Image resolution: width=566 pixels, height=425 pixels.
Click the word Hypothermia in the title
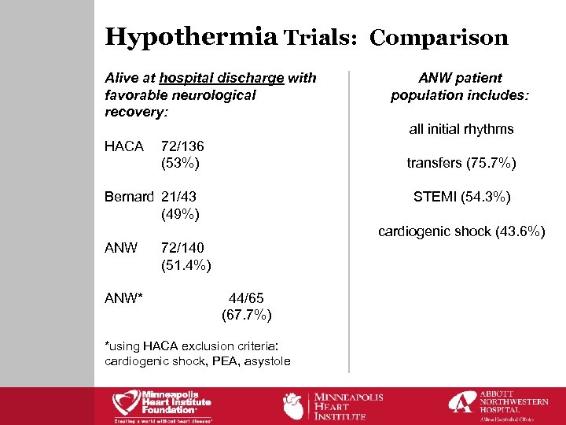(191, 36)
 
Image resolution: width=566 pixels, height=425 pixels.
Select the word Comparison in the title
(439, 38)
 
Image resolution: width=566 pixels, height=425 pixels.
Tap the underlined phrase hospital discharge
(221, 77)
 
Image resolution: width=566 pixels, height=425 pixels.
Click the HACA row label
(124, 146)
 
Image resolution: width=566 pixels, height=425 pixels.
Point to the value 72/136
(182, 146)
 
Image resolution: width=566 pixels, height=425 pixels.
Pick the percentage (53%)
(179, 164)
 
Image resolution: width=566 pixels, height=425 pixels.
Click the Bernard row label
(130, 196)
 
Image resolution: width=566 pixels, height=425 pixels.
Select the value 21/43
(178, 196)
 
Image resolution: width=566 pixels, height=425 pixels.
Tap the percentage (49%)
(179, 213)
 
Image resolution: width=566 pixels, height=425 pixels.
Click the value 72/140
(182, 248)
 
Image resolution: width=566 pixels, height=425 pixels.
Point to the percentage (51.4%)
(186, 265)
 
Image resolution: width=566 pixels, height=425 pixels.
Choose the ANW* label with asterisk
(125, 298)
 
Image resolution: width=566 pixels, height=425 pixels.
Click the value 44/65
(246, 298)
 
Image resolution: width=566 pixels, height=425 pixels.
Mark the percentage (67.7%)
(247, 316)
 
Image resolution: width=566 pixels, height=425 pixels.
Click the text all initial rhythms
(461, 129)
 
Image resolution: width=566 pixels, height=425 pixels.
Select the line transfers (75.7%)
(461, 163)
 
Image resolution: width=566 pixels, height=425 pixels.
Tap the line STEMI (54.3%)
(461, 197)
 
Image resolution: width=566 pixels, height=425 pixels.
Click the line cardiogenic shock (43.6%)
(461, 231)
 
